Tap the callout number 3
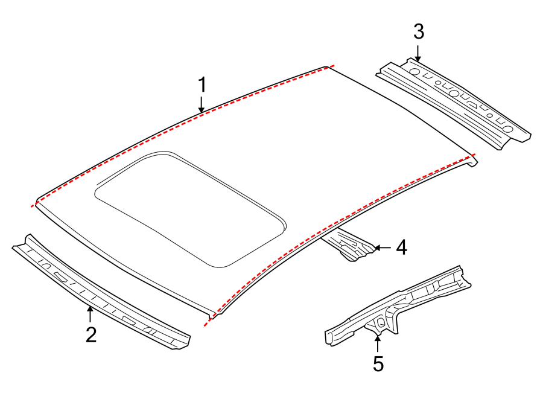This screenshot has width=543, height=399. point(419,31)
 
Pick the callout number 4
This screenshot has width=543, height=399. point(401,247)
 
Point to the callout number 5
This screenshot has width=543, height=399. point(378,363)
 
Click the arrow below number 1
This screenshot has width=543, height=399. point(203,105)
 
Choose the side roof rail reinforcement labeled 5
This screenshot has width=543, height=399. point(398,305)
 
